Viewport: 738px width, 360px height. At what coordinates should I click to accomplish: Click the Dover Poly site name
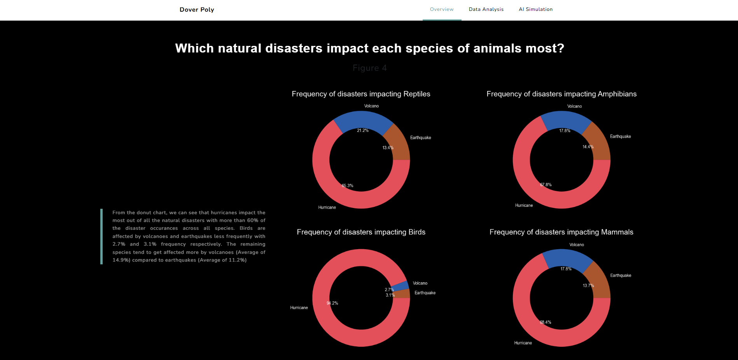pos(197,10)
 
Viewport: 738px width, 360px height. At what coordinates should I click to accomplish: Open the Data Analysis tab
pos(486,9)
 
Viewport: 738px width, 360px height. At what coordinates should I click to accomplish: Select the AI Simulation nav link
pos(535,9)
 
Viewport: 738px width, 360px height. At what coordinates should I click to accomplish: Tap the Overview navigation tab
pos(442,9)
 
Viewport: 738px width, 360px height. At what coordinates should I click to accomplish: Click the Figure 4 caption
pos(369,68)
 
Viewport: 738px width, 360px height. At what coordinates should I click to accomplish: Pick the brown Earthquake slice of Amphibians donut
pos(597,142)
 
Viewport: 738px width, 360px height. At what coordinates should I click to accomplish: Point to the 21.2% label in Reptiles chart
pos(363,131)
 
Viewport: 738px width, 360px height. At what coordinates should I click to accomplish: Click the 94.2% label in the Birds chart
pos(332,303)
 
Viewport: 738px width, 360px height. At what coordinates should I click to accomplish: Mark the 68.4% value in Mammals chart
pos(546,322)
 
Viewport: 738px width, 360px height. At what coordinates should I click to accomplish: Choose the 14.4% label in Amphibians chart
pos(588,147)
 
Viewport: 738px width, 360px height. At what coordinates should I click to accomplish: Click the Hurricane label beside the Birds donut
pos(299,308)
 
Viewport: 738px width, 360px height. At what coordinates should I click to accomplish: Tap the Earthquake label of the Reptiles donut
pos(420,138)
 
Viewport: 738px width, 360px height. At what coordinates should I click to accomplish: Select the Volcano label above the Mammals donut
pos(577,245)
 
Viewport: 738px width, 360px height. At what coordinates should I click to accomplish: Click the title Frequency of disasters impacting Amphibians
pos(561,94)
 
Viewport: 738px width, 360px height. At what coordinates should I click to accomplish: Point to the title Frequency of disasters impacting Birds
pos(361,232)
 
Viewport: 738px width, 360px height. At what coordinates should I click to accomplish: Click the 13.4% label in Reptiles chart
pos(388,148)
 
